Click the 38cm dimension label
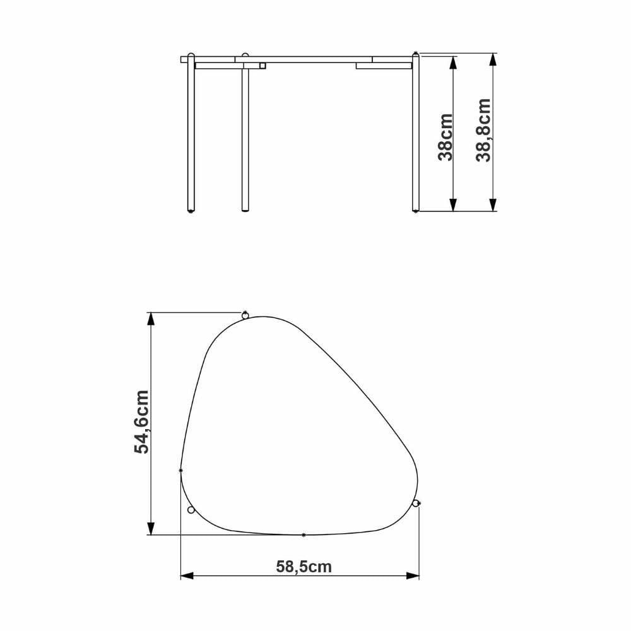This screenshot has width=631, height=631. tap(446, 137)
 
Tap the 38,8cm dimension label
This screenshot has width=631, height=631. tap(483, 130)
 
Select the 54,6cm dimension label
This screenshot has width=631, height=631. tap(141, 422)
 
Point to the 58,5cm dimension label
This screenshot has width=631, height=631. tap(304, 567)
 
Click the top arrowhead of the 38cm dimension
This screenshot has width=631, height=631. tap(453, 62)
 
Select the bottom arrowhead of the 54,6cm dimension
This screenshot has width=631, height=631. tap(151, 528)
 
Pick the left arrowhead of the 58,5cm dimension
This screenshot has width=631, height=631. tap(187, 576)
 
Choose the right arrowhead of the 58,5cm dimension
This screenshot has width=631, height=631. tap(413, 576)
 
